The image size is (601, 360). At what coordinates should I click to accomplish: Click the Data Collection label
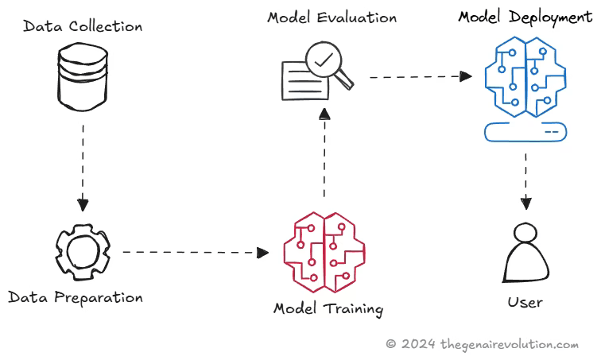pyautogui.click(x=83, y=26)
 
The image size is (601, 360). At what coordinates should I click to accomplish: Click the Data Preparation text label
pyautogui.click(x=76, y=298)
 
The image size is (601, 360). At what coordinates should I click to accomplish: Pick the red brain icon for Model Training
pyautogui.click(x=324, y=249)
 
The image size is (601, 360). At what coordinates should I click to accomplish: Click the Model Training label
pyautogui.click(x=328, y=308)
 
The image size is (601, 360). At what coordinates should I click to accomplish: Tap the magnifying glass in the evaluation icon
pyautogui.click(x=327, y=63)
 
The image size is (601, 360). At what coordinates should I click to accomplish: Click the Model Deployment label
pyautogui.click(x=525, y=17)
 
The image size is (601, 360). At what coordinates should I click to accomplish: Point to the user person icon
pyautogui.click(x=525, y=254)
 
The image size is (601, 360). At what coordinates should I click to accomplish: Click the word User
pyautogui.click(x=525, y=302)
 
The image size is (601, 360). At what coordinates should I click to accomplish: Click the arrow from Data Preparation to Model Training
pyautogui.click(x=195, y=253)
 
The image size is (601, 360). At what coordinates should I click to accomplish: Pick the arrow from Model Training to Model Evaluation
pyautogui.click(x=324, y=155)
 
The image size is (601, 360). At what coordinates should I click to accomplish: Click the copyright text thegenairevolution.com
pyautogui.click(x=483, y=344)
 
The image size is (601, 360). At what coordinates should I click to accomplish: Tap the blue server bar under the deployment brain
pyautogui.click(x=525, y=130)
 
